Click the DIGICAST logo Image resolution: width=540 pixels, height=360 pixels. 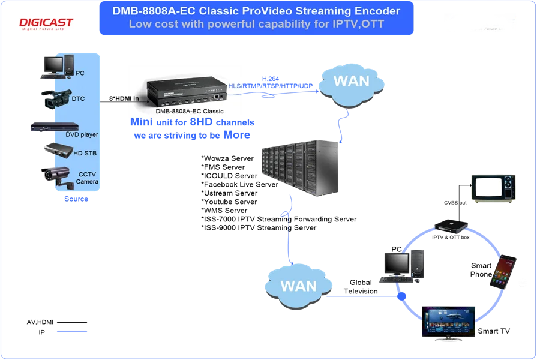pyautogui.click(x=47, y=23)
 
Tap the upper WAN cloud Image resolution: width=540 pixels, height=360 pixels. pyautogui.click(x=351, y=81)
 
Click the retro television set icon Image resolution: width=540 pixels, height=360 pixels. pyautogui.click(x=493, y=187)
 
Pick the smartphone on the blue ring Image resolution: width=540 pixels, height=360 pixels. pyautogui.click(x=503, y=271)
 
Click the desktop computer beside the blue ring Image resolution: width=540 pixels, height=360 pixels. pyautogui.click(x=404, y=265)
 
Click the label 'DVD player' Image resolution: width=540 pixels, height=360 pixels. pyautogui.click(x=82, y=135)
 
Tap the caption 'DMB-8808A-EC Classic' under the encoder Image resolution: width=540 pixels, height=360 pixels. pyautogui.click(x=189, y=111)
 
